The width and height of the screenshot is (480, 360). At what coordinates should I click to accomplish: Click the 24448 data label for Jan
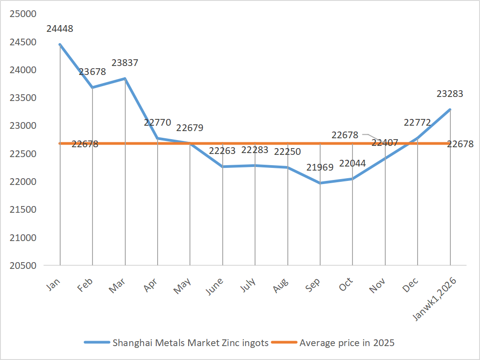click(60, 29)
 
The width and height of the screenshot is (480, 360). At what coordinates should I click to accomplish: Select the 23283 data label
click(450, 94)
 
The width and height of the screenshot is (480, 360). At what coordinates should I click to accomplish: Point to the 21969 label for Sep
click(320, 167)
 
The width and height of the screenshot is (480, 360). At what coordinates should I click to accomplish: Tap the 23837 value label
click(125, 63)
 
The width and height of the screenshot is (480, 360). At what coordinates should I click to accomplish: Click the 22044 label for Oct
click(352, 163)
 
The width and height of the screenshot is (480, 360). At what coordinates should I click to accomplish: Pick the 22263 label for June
click(222, 151)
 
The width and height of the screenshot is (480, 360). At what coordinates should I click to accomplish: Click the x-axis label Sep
click(314, 285)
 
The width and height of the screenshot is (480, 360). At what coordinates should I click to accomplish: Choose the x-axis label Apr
click(152, 285)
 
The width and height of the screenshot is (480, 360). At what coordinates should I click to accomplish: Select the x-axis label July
click(248, 285)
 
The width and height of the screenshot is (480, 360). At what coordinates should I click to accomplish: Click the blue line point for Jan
click(60, 44)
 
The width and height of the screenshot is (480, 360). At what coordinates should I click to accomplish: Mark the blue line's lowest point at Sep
click(320, 183)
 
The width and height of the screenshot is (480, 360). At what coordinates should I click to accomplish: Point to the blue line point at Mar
click(125, 79)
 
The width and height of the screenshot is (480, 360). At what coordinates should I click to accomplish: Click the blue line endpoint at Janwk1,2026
click(450, 110)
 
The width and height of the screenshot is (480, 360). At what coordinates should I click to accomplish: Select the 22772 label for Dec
click(418, 123)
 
